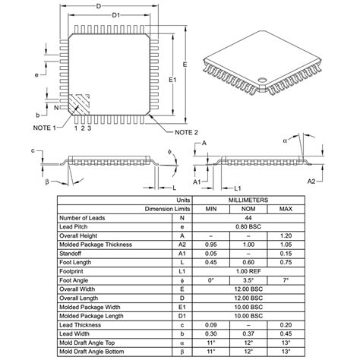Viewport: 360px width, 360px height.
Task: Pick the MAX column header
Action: click(286, 209)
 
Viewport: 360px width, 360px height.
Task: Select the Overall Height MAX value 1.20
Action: click(286, 235)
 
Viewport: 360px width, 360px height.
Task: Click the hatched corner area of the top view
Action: click(79, 103)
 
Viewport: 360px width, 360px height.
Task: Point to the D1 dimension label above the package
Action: click(115, 15)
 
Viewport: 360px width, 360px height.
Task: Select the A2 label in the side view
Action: click(311, 182)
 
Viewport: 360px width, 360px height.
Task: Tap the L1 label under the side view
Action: click(238, 188)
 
